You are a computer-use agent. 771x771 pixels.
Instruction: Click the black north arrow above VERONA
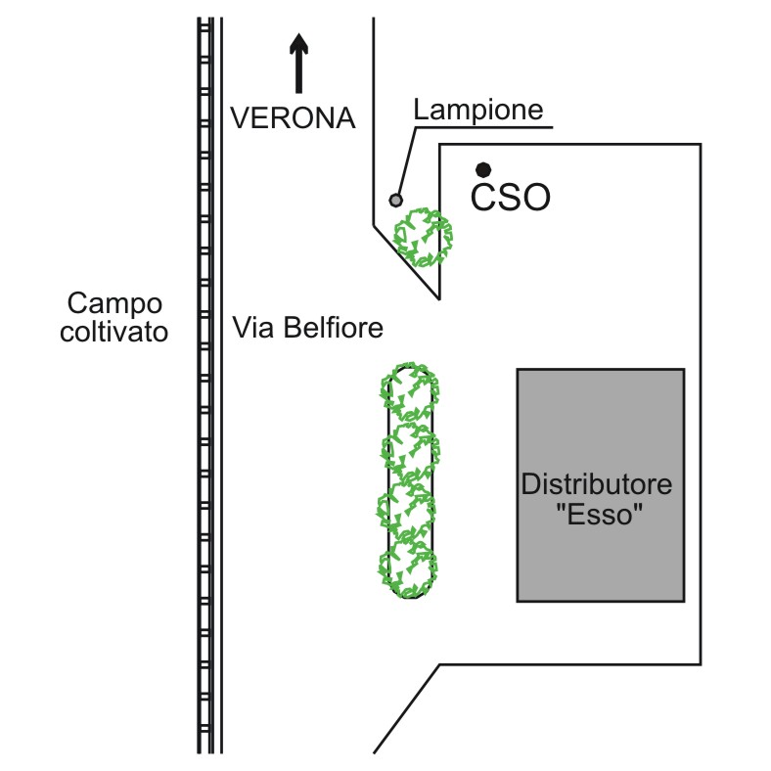tap(298, 63)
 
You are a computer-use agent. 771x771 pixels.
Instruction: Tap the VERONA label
tap(294, 118)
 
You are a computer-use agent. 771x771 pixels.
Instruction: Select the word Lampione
tap(477, 111)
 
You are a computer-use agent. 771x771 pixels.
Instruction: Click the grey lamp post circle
tap(396, 201)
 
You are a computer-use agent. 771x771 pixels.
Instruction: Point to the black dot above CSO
tap(483, 170)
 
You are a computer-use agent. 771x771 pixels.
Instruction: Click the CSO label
tap(510, 198)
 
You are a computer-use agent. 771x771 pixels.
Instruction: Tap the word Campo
tap(114, 304)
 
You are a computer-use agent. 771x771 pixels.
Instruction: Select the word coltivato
tap(114, 332)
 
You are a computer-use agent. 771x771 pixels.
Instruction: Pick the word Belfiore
tap(334, 328)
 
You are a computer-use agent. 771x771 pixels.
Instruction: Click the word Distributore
tap(597, 484)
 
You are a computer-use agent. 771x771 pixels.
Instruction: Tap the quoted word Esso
tap(600, 515)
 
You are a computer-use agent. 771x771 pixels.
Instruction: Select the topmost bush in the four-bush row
tap(410, 391)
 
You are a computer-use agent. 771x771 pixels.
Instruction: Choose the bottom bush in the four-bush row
tap(408, 570)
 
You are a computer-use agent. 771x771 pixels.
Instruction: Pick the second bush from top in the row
tap(411, 451)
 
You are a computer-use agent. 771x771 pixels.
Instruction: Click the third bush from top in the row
tap(407, 512)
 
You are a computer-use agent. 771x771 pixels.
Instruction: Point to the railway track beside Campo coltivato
tap(205, 385)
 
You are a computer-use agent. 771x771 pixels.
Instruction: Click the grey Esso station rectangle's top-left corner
tap(518, 369)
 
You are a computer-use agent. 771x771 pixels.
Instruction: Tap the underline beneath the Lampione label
tap(484, 128)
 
